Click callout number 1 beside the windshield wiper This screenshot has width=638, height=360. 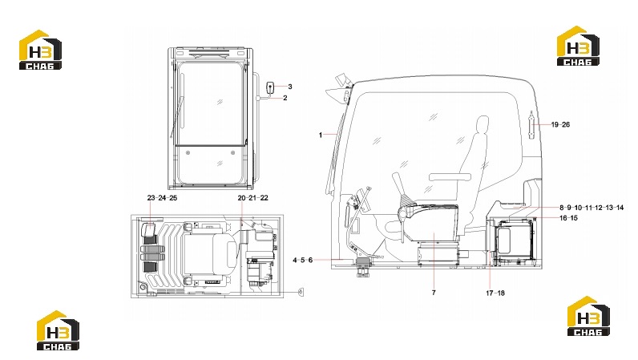coord(321,135)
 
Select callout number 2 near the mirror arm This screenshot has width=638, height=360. coord(285,98)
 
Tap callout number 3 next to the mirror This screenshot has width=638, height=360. coord(290,87)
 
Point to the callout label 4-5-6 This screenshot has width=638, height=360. coord(303,260)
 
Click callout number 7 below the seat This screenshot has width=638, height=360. coord(434,293)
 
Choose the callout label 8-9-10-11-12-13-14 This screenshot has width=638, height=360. coord(592,208)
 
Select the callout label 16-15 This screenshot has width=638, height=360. coord(568,218)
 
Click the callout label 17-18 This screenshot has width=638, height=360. coord(495,293)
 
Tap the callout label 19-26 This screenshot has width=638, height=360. coord(560,124)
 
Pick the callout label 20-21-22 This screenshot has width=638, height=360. coord(252,197)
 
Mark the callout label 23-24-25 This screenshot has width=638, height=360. coord(162,197)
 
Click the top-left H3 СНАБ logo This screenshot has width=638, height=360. coord(40,50)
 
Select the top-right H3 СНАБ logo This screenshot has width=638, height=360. coord(578,46)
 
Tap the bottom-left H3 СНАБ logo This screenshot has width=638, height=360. coord(58,330)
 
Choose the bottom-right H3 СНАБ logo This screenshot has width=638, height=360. coord(588,316)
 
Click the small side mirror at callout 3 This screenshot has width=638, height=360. coord(270,87)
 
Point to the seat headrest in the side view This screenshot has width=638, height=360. coord(483,125)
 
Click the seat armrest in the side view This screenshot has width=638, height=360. coord(450,177)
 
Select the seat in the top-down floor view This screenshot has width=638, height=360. coord(209,253)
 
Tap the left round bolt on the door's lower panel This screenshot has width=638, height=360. coord(188,152)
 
